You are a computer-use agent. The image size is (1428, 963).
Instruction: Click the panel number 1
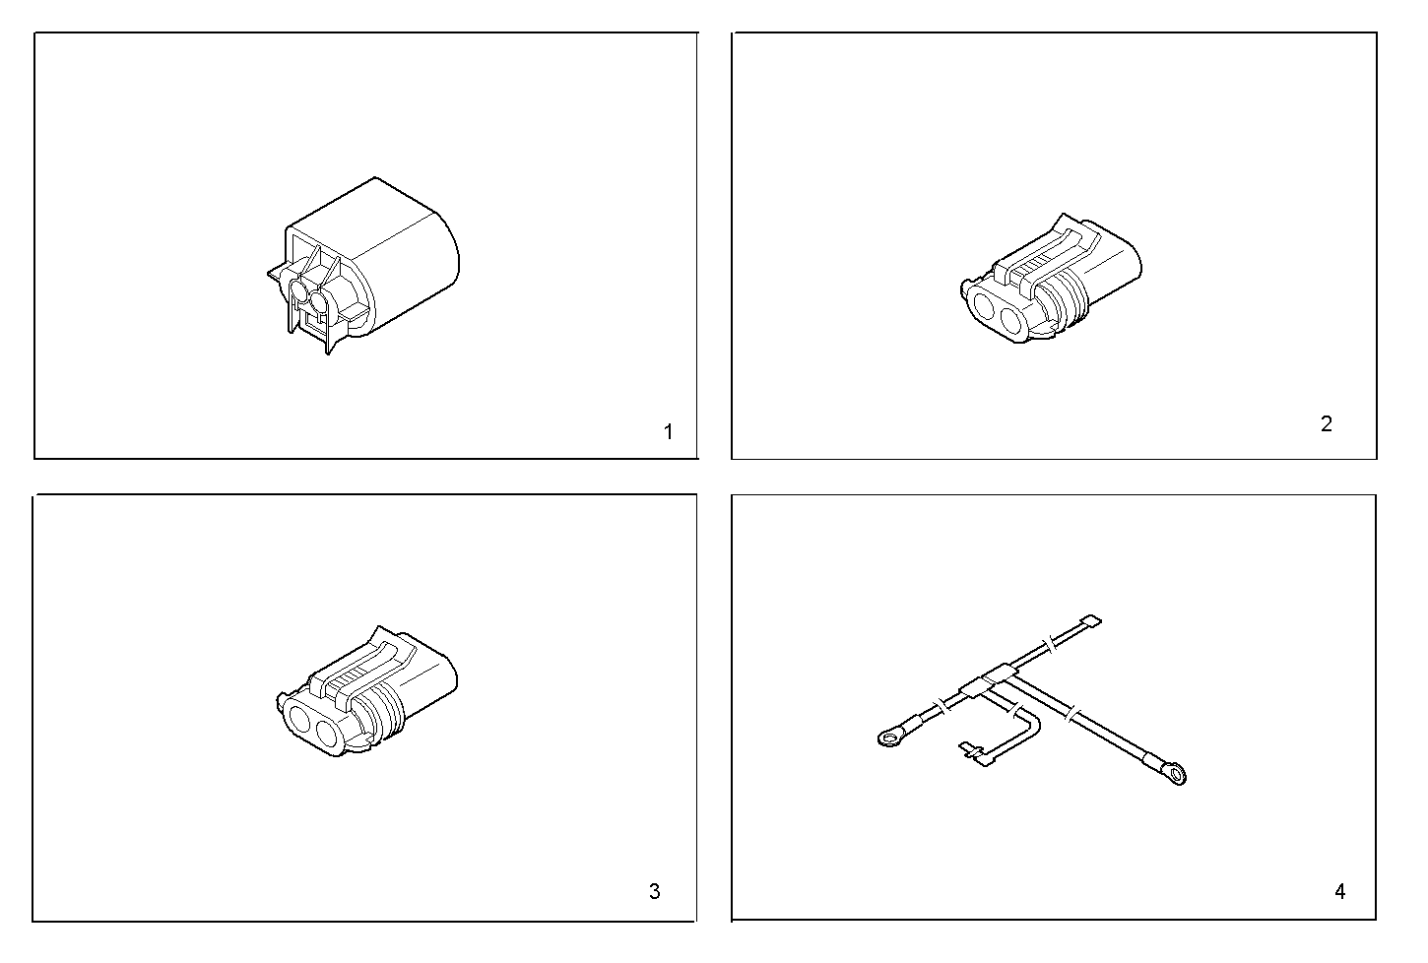pyautogui.click(x=669, y=432)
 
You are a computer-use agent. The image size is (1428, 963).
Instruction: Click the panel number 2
pyautogui.click(x=1326, y=424)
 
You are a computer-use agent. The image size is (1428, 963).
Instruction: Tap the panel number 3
pyautogui.click(x=655, y=892)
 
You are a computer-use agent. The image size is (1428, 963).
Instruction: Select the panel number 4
pyautogui.click(x=1339, y=892)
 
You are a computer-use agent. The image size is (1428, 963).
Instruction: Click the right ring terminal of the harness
pyautogui.click(x=1173, y=772)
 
